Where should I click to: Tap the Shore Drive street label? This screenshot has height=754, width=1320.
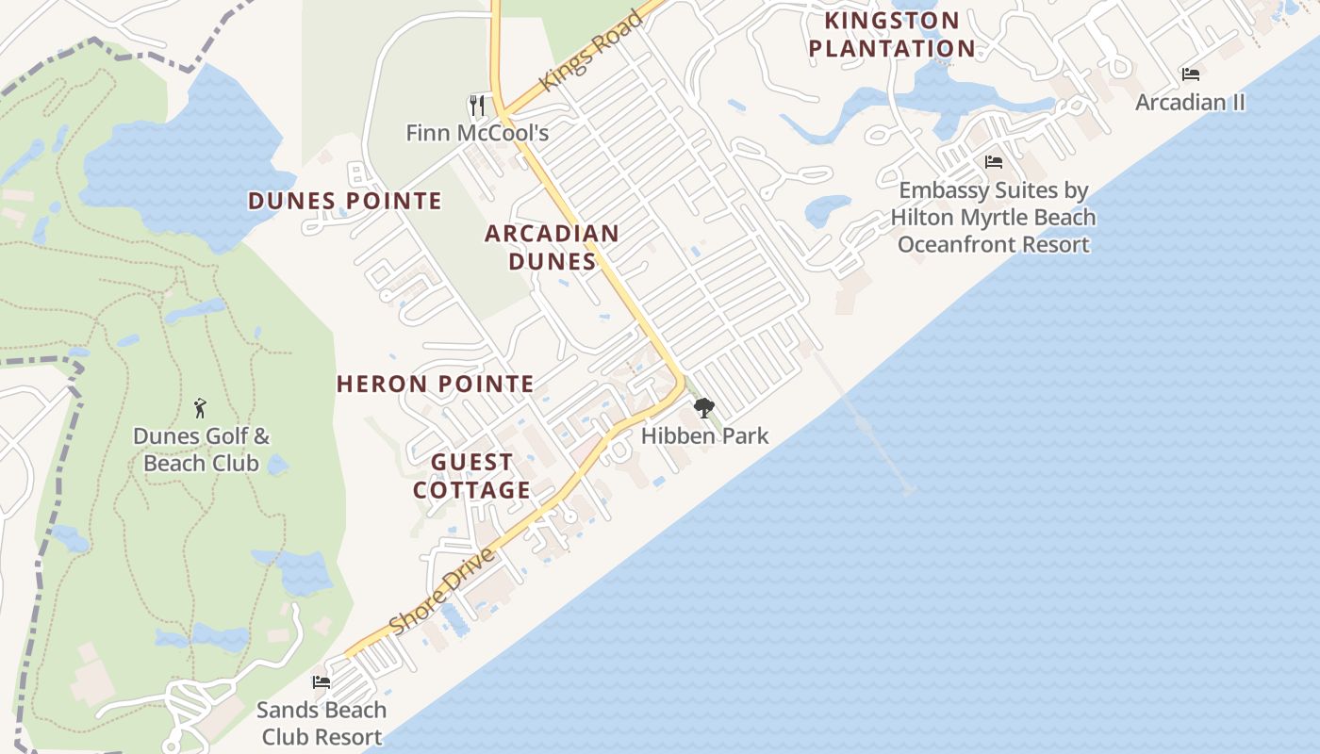[441, 592]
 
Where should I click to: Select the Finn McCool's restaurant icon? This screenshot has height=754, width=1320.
[477, 105]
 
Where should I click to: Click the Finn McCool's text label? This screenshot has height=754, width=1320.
[477, 133]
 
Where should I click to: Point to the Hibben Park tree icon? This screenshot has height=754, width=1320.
[703, 408]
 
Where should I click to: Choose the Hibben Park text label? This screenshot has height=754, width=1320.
[704, 435]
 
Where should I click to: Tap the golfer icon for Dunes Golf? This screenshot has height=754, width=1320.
[200, 408]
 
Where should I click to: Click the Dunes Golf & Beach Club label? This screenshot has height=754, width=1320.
[201, 450]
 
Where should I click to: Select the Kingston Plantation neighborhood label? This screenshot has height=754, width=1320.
[892, 34]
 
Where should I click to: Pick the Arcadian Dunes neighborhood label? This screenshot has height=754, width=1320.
[553, 247]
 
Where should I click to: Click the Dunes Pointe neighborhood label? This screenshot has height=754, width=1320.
[344, 201]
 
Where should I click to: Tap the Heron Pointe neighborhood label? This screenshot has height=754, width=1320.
[436, 384]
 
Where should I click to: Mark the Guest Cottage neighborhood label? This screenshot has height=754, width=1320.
[472, 476]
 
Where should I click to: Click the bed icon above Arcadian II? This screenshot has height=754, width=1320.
[1191, 74]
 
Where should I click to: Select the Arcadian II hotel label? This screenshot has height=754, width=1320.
[1190, 102]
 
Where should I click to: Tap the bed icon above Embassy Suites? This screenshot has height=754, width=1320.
[993, 162]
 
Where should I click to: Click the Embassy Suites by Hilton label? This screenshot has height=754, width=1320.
[994, 218]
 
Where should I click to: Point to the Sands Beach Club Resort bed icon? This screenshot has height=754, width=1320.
[322, 681]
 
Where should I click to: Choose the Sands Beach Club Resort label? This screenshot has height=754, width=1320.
[322, 723]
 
